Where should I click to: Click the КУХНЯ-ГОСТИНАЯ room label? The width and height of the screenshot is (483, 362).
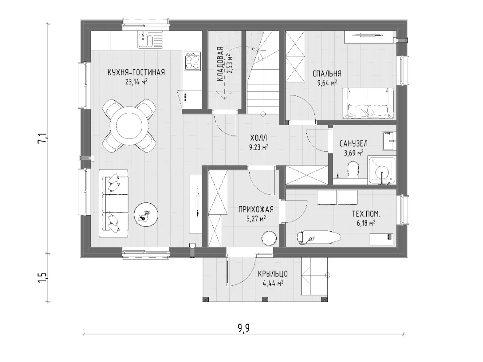(x=136, y=72)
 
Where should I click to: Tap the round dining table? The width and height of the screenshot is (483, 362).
(x=129, y=126)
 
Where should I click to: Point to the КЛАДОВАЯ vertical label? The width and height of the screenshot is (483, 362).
(x=220, y=64)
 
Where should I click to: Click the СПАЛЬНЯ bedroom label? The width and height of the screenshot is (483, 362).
(x=327, y=74)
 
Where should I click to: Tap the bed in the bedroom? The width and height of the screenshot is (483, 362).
(x=368, y=103)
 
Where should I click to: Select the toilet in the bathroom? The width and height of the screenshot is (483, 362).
(x=353, y=170)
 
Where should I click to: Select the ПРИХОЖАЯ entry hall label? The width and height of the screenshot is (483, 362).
(x=256, y=210)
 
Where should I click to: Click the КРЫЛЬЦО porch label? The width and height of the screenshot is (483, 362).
(x=273, y=274)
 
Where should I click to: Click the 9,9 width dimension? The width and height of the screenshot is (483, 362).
(x=244, y=328)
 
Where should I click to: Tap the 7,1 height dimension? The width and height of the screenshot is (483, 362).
(x=42, y=138)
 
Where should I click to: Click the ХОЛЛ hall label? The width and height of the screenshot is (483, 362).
(x=259, y=138)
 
